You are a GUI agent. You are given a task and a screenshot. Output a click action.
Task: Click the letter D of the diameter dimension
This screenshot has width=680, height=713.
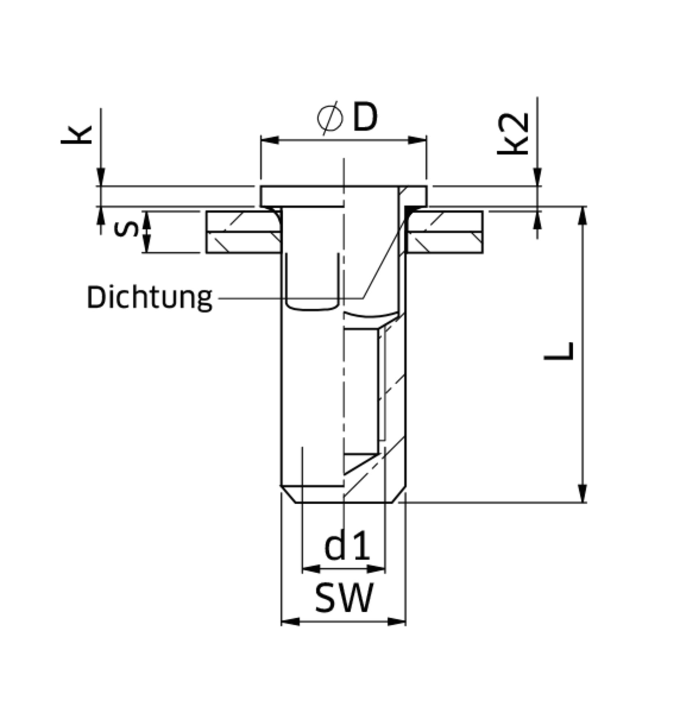[365, 117]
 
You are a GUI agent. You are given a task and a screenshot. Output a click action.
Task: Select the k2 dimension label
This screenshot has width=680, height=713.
[513, 134]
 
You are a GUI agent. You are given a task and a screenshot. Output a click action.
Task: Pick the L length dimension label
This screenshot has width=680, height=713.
[558, 351]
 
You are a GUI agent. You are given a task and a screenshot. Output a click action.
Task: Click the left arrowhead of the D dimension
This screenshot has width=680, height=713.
[270, 140]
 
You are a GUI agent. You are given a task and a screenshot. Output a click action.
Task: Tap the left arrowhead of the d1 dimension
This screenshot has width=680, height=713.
[311, 569]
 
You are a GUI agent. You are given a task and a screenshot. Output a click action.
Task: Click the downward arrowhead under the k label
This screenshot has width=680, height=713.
[101, 176]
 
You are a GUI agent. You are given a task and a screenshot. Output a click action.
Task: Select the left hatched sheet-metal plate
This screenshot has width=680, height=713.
[243, 232]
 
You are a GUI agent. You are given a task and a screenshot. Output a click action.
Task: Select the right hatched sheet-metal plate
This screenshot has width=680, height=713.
[445, 232]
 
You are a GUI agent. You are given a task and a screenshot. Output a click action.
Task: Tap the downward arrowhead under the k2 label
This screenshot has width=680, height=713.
[537, 176]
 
